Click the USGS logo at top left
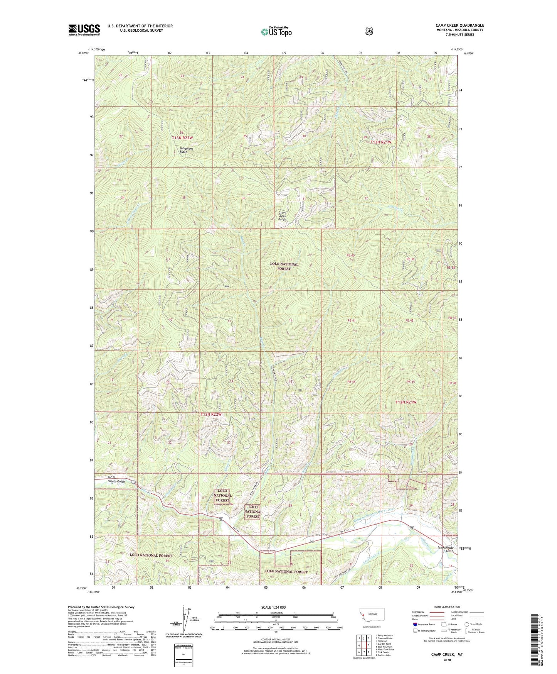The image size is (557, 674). tap(84, 30)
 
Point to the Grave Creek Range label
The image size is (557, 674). tap(285, 216)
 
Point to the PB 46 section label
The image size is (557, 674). tap(351, 382)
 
